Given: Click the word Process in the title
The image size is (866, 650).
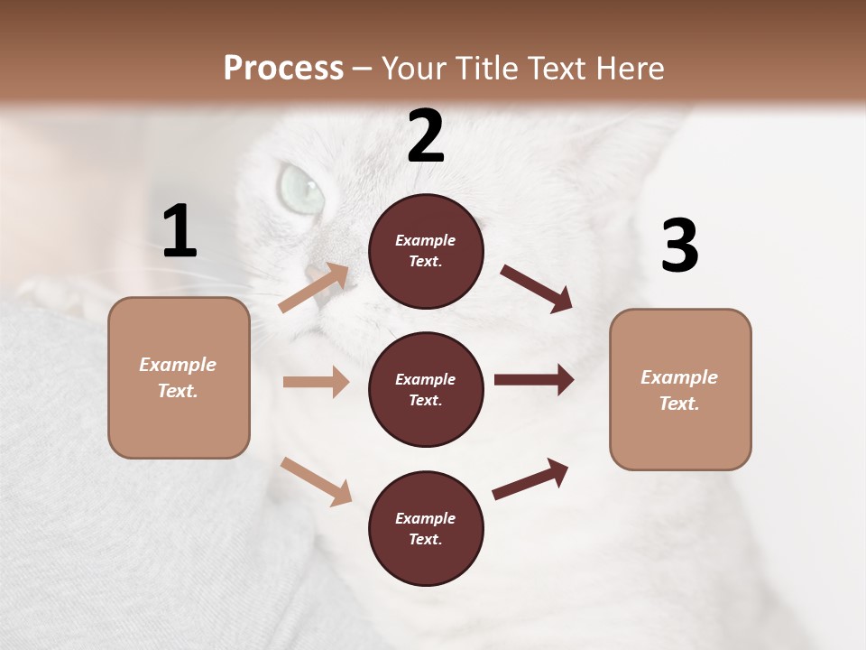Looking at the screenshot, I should pyautogui.click(x=283, y=68).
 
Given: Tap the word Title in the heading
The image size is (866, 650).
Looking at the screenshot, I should pyautogui.click(x=484, y=68).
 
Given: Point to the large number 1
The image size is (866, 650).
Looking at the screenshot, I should pyautogui.click(x=180, y=232).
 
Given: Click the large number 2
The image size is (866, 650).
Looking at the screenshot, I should pyautogui.click(x=426, y=136).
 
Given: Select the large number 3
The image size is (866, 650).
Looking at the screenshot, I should pyautogui.click(x=679, y=246).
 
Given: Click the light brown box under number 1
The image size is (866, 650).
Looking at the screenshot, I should pyautogui.click(x=179, y=377).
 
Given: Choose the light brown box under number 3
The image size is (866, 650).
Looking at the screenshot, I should pyautogui.click(x=680, y=390).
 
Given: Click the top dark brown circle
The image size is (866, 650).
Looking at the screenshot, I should pyautogui.click(x=426, y=251).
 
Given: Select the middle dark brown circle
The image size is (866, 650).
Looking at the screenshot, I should pyautogui.click(x=426, y=389).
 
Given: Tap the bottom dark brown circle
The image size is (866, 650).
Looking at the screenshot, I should pyautogui.click(x=426, y=528).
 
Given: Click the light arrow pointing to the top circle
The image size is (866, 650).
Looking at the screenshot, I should pyautogui.click(x=313, y=288).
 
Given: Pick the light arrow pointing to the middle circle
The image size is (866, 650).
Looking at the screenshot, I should pyautogui.click(x=316, y=382).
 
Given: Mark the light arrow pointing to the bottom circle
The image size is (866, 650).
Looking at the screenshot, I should pyautogui.click(x=316, y=481).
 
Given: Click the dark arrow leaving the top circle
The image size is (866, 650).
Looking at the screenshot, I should pyautogui.click(x=536, y=288).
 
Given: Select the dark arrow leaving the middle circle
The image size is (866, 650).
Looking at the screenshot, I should pyautogui.click(x=533, y=380).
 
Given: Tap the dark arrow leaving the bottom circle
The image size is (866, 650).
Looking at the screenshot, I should pyautogui.click(x=530, y=479).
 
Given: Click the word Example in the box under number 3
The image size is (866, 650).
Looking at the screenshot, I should pyautogui.click(x=679, y=377).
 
